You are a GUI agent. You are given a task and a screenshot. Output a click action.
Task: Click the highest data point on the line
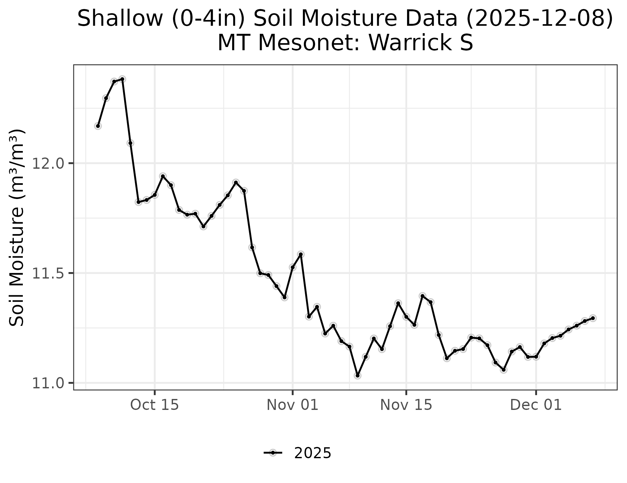122,79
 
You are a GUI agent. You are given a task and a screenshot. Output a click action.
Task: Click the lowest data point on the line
358,375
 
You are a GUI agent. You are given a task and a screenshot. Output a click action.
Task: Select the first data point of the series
98,126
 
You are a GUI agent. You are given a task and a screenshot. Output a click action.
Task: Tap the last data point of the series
593,318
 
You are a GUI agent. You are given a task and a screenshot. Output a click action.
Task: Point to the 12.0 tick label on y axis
49,163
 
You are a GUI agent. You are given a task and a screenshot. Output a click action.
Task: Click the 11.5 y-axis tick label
49,273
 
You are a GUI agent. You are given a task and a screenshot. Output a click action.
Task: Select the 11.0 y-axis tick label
49,383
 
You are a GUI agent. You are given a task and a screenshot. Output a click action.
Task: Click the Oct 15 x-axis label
154,405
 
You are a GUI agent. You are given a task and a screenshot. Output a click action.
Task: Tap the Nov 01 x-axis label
292,405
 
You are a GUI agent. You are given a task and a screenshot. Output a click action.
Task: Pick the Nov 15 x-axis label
406,405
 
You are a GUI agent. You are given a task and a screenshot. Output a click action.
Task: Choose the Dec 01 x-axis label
536,405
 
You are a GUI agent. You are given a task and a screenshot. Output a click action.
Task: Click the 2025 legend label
313,453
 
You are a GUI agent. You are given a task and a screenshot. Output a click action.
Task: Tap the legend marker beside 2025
273,453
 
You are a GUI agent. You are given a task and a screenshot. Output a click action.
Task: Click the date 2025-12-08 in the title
539,19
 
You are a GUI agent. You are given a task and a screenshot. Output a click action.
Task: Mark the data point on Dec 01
536,357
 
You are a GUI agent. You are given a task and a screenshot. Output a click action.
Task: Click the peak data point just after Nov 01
301,254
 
